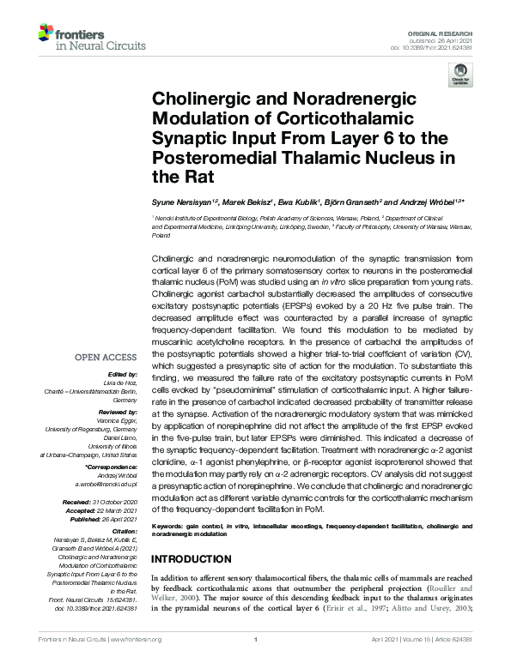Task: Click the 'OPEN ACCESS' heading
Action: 107,356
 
